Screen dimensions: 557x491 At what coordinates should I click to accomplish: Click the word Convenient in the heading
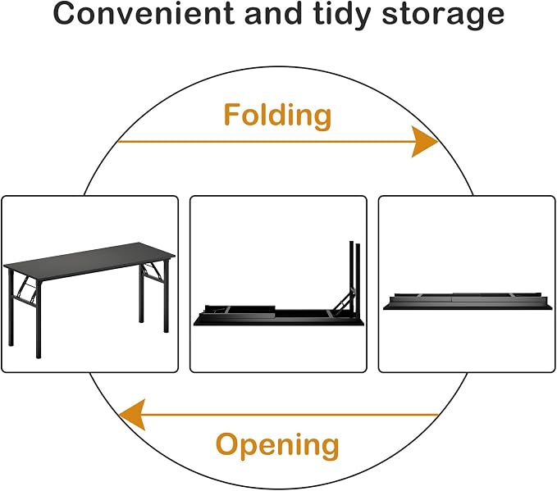click(144, 13)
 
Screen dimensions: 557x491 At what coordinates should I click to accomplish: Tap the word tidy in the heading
click(342, 16)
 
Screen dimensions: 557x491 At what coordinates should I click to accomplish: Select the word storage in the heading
click(443, 16)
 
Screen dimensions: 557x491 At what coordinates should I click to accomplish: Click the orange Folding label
click(277, 116)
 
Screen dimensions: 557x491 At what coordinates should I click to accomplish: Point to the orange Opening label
click(277, 446)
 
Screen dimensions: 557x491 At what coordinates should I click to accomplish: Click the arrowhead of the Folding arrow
click(424, 141)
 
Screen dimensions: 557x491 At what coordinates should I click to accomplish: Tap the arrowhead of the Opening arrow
click(132, 414)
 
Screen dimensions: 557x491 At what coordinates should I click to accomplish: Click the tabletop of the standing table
click(89, 261)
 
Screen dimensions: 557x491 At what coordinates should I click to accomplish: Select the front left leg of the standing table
click(39, 319)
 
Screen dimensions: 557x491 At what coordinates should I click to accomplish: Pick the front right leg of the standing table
click(166, 296)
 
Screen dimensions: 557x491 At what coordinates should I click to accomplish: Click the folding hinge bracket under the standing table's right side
click(152, 273)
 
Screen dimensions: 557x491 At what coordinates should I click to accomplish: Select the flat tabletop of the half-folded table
click(279, 322)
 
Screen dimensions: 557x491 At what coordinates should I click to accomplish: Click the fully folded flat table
click(467, 302)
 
